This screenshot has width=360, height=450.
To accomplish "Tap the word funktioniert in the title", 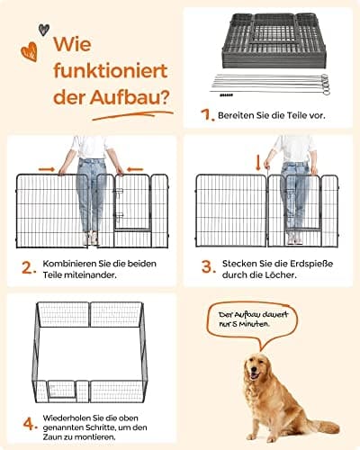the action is (110, 70).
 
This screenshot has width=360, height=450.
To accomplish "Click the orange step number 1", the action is (207, 115).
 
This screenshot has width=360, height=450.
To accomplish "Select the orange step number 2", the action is (29, 268).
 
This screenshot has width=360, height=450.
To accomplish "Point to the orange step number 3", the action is (209, 267).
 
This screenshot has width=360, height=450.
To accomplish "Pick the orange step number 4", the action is (31, 424).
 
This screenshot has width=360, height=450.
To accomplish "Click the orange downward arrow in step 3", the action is (257, 163).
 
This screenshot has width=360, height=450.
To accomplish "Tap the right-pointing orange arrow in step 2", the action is (47, 169).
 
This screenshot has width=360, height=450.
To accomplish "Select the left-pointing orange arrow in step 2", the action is (135, 169).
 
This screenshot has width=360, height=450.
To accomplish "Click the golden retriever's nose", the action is (254, 369).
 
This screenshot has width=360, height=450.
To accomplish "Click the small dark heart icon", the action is (44, 30).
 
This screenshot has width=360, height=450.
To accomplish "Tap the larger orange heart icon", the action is (30, 52).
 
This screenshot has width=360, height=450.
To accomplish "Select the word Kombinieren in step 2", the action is (70, 264).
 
